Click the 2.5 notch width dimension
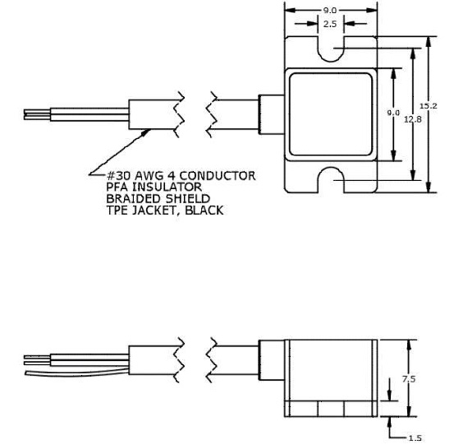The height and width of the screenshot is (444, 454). click(330, 25)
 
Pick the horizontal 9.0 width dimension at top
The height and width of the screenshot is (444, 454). click(329, 10)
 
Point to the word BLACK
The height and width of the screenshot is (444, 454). click(203, 210)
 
